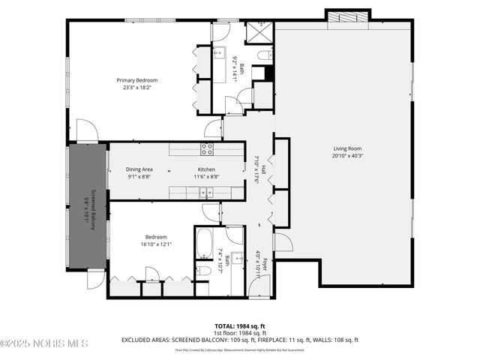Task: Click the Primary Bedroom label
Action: pos(136,79)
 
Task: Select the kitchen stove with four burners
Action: pos(208,148)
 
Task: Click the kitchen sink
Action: pos(205,193)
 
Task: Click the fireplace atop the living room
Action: pos(347,16)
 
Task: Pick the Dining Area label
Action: pos(139,169)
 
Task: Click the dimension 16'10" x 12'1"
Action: pos(156,244)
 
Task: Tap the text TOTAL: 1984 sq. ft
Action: pos(240,326)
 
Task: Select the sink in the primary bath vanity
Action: pos(220,52)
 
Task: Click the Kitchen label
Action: pos(206,169)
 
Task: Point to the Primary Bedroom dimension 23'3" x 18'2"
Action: pos(136,86)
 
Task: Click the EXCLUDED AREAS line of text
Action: pos(240,340)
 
